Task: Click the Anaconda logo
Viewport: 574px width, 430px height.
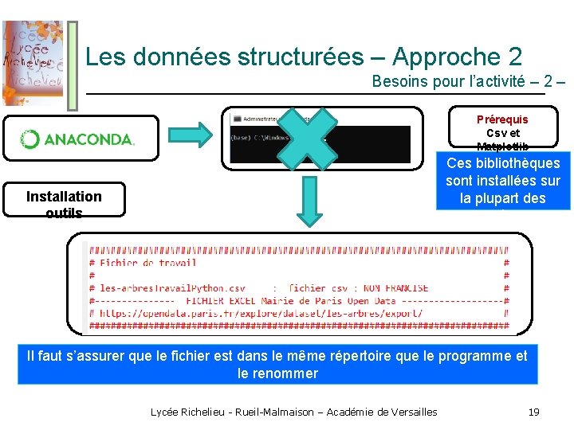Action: coord(78,139)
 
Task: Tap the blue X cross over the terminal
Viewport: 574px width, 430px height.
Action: coord(303,137)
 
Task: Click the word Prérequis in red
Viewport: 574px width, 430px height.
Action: coord(502,119)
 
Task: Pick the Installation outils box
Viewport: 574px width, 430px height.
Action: coord(64,200)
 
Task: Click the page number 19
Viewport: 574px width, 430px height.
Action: coord(534,412)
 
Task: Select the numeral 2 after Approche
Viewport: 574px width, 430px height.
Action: coord(514,57)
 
